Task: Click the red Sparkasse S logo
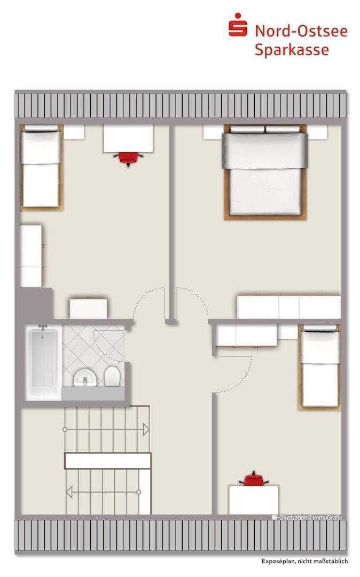(238, 25)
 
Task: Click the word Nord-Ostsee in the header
(301, 31)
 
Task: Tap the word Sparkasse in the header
(292, 50)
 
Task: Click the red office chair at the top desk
(128, 158)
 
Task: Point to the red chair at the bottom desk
(253, 479)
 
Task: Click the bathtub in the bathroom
(43, 362)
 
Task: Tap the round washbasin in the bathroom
(85, 378)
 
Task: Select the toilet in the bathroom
(112, 376)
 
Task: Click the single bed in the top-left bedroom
(41, 167)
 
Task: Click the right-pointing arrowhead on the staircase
(146, 430)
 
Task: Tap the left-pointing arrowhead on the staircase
(69, 492)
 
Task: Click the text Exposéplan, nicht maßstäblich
(304, 561)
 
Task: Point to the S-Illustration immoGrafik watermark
(307, 517)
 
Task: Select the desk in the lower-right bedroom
(254, 500)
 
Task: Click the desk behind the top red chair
(128, 138)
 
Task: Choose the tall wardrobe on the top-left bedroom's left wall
(31, 256)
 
